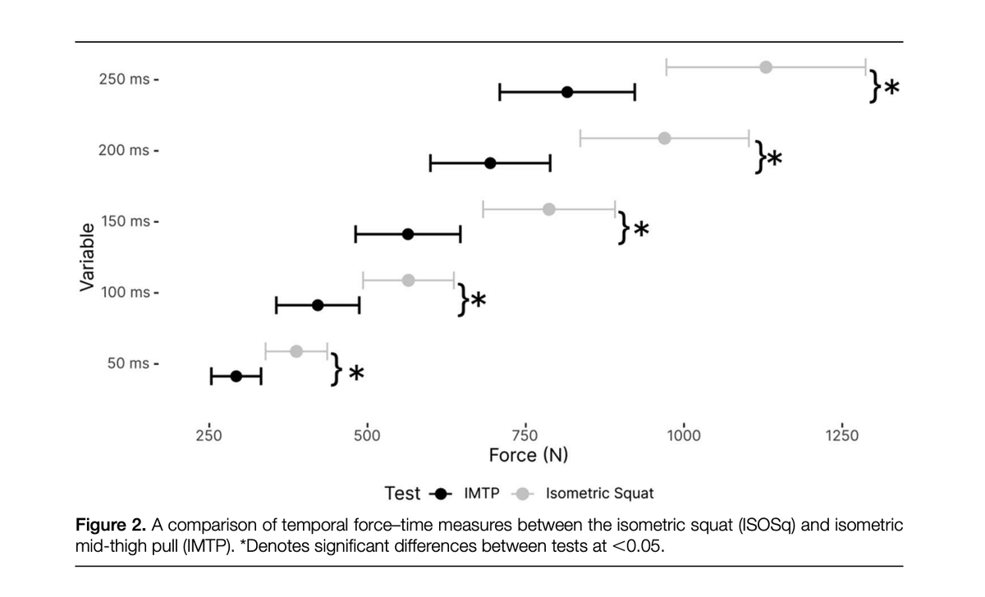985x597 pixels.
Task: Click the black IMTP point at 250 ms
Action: pos(567,92)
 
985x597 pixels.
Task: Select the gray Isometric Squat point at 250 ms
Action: pos(766,66)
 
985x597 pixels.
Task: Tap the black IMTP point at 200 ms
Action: pos(490,163)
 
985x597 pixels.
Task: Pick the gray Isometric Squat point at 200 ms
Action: pos(665,138)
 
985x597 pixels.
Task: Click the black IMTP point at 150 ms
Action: pos(408,234)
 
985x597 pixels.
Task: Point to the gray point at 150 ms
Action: pos(549,209)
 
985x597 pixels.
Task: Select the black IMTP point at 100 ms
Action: pos(318,305)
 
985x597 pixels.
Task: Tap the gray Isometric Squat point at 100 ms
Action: pos(409,280)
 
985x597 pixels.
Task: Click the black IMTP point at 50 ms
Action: pos(236,376)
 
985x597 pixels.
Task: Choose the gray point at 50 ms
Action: pos(296,352)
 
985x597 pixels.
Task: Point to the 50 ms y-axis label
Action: pos(127,363)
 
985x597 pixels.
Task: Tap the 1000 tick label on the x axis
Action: pos(683,435)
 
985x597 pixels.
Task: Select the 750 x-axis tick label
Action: pos(525,435)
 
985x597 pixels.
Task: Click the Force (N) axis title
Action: pos(528,455)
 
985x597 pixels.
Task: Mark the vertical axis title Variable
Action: pos(85,257)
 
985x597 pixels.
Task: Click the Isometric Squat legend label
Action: pos(599,494)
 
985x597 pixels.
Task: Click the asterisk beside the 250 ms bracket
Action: pos(891,87)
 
